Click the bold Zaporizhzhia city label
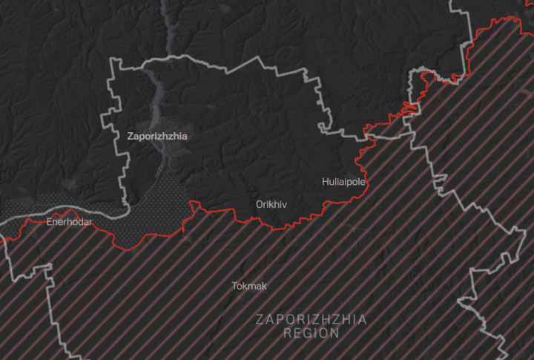[157, 137]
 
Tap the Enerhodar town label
[68, 222]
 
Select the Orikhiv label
[271, 203]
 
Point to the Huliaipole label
[344, 181]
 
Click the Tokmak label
[248, 286]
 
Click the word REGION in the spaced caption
[311, 333]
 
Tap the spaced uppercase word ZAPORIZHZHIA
[311, 320]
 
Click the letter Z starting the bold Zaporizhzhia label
[131, 137]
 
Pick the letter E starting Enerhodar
[49, 222]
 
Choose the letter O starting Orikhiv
[259, 203]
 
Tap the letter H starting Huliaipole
[325, 181]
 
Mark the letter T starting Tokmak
[234, 286]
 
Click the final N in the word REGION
[336, 333]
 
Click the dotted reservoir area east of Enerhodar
[152, 215]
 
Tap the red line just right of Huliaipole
[369, 182]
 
